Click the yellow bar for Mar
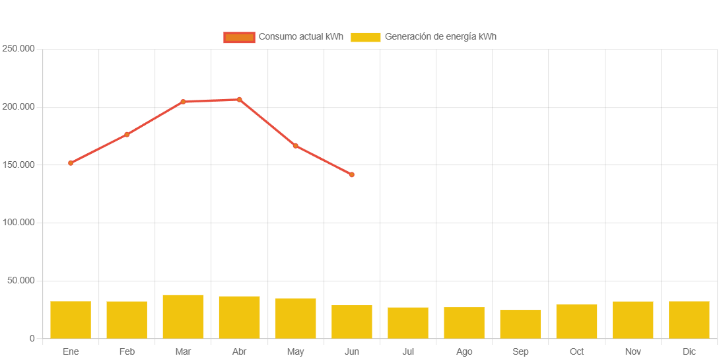pos(183,316)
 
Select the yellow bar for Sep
pos(520,324)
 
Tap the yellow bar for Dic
pos(689,320)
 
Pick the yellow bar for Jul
pos(408,322)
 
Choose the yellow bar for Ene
pos(71,320)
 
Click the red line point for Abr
pos(239,100)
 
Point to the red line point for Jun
pos(352,175)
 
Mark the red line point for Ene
pos(71,163)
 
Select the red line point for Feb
pos(127,135)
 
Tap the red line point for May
pos(295,146)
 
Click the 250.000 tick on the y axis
pos(18,49)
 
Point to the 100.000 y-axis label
pos(18,223)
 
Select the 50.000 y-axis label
pos(20,281)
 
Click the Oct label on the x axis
pos(576,352)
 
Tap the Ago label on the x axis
pos(464,352)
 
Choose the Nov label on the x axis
pos(633,352)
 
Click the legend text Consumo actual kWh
pos(300,37)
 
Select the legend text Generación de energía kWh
pos(440,37)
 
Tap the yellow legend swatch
pos(365,37)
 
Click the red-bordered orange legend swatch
pos(239,37)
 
